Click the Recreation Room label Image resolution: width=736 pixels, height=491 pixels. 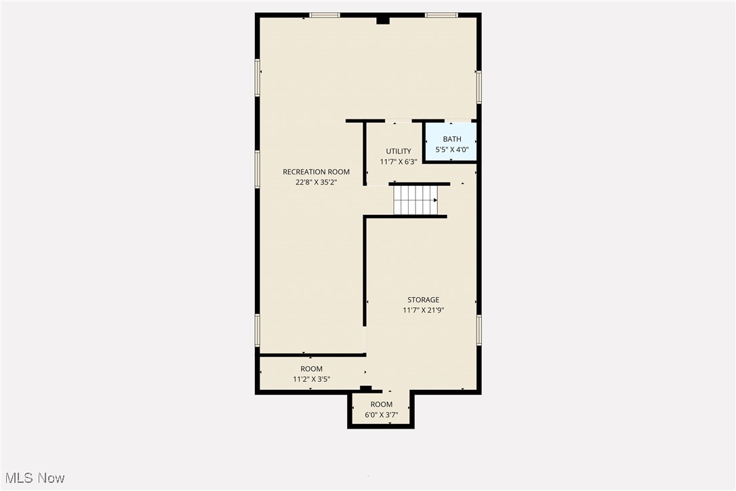click(316, 172)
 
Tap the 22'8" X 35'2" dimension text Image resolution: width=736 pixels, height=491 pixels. click(316, 182)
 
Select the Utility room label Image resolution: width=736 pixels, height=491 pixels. click(398, 151)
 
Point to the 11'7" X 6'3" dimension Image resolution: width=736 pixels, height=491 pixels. click(398, 162)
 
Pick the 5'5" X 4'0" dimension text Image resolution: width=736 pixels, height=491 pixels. click(451, 150)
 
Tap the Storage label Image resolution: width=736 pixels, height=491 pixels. click(423, 300)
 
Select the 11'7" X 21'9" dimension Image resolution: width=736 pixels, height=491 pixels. click(424, 311)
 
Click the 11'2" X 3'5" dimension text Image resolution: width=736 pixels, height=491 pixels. click(312, 380)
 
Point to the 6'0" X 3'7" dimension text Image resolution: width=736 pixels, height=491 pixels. click(382, 415)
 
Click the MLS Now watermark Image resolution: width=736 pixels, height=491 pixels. click(33, 478)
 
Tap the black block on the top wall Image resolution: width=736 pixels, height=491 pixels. click(383, 20)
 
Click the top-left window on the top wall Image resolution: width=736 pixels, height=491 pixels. click(325, 15)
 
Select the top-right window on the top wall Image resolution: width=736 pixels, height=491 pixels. click(441, 15)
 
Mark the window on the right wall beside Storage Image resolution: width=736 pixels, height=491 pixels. click(478, 330)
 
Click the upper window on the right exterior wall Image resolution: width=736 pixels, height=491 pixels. click(478, 87)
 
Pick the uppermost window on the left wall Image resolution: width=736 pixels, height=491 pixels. click(258, 77)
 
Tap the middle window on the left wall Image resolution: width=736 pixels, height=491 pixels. click(258, 168)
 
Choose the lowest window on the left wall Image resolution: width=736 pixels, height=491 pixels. click(258, 330)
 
